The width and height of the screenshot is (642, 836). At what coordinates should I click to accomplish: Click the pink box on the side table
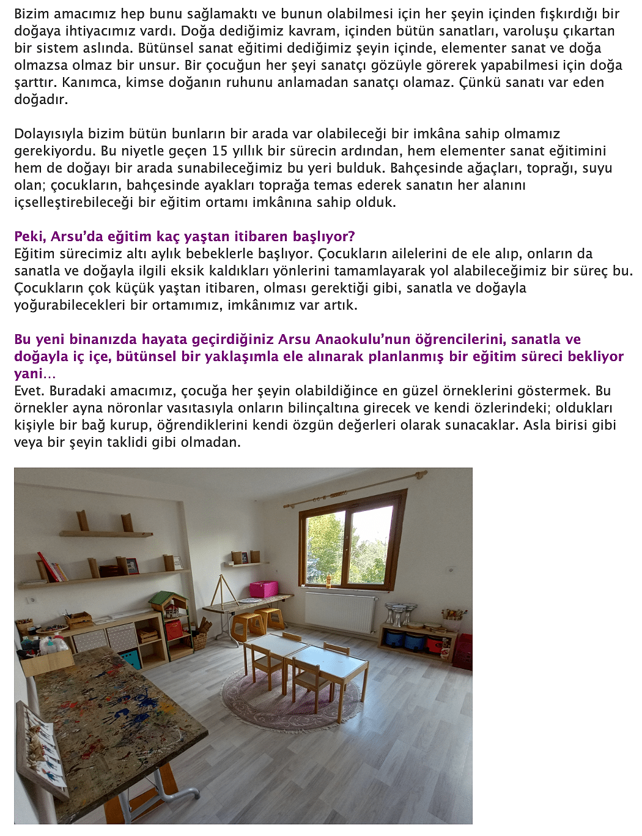264,589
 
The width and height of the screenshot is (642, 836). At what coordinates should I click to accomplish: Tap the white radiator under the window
341,612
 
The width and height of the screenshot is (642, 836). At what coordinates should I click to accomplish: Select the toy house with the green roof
168,602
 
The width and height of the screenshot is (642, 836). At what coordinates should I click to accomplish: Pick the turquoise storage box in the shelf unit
130,659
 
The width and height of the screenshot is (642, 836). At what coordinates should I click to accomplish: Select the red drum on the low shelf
435,644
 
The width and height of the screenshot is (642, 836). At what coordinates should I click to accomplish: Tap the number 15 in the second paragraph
220,151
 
